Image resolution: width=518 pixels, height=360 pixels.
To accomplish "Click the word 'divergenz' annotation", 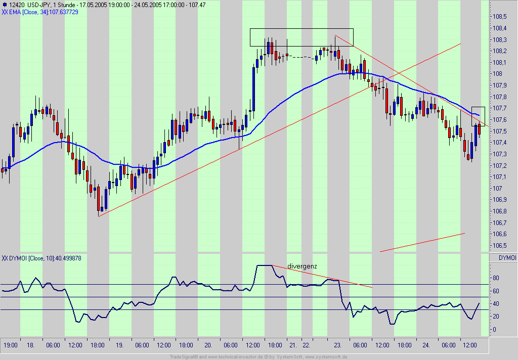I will click(x=302, y=266).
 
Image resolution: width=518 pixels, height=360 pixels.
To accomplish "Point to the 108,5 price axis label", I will click(x=500, y=17).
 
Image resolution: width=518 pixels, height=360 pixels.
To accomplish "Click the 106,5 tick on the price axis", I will click(x=500, y=246).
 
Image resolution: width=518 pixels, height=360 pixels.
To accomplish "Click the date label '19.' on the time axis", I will click(x=120, y=345).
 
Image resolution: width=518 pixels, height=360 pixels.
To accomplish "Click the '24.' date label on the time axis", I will click(x=426, y=345).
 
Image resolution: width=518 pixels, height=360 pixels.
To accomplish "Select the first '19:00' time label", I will click(x=11, y=345).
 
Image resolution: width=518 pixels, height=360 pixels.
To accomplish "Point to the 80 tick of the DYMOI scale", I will click(x=496, y=278).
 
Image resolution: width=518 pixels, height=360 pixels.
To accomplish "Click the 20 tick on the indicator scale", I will click(x=496, y=317).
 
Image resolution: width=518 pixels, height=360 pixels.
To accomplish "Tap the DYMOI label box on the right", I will click(x=507, y=258).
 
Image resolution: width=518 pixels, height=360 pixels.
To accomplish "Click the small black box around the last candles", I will click(x=478, y=116).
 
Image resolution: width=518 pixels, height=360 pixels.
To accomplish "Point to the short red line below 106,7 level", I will click(x=422, y=242).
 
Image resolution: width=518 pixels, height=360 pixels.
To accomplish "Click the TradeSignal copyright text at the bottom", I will click(x=258, y=356).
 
